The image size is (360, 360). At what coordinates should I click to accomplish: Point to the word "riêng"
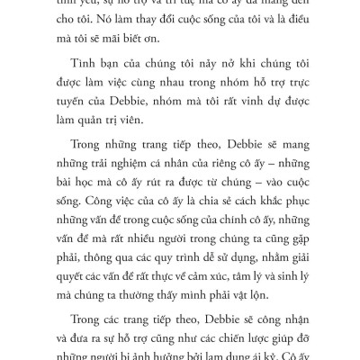click(225, 180)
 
